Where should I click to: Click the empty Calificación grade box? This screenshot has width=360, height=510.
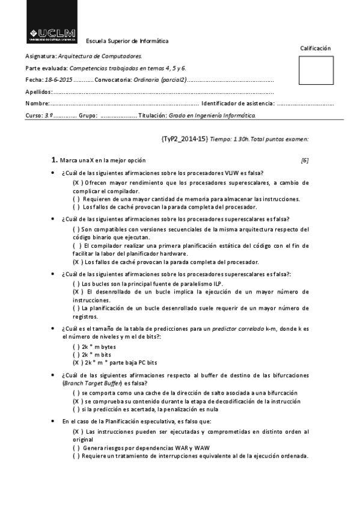pyautogui.click(x=315, y=70)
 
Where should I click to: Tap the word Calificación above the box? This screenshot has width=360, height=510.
pyautogui.click(x=315, y=48)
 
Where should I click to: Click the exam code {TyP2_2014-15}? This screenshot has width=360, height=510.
pyautogui.click(x=185, y=139)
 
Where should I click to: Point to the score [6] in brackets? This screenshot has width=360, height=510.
pyautogui.click(x=305, y=161)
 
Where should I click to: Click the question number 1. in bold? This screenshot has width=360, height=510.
pyautogui.click(x=54, y=161)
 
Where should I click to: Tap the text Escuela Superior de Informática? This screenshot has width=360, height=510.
pyautogui.click(x=127, y=41)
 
